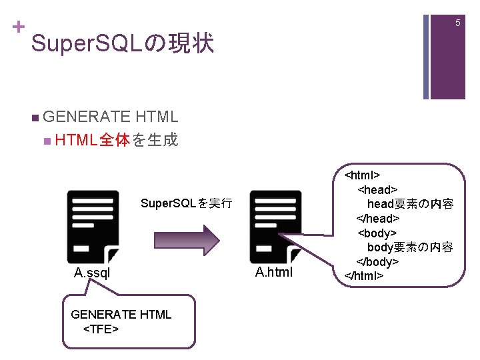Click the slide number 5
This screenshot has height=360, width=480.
458,23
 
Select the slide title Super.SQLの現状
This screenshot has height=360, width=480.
122,44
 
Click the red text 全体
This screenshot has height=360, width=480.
115,141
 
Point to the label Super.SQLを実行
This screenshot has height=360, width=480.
187,203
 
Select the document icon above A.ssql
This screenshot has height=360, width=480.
93,226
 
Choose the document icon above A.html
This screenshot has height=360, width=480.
276,226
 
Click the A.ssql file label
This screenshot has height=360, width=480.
92,273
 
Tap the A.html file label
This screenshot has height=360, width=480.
274,273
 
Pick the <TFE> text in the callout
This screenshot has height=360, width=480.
101,329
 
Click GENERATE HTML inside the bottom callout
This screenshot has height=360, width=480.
121,314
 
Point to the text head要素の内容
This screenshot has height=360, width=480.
410,204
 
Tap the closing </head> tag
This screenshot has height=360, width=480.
378,219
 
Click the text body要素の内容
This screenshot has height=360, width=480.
410,247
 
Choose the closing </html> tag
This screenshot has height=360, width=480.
363,275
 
